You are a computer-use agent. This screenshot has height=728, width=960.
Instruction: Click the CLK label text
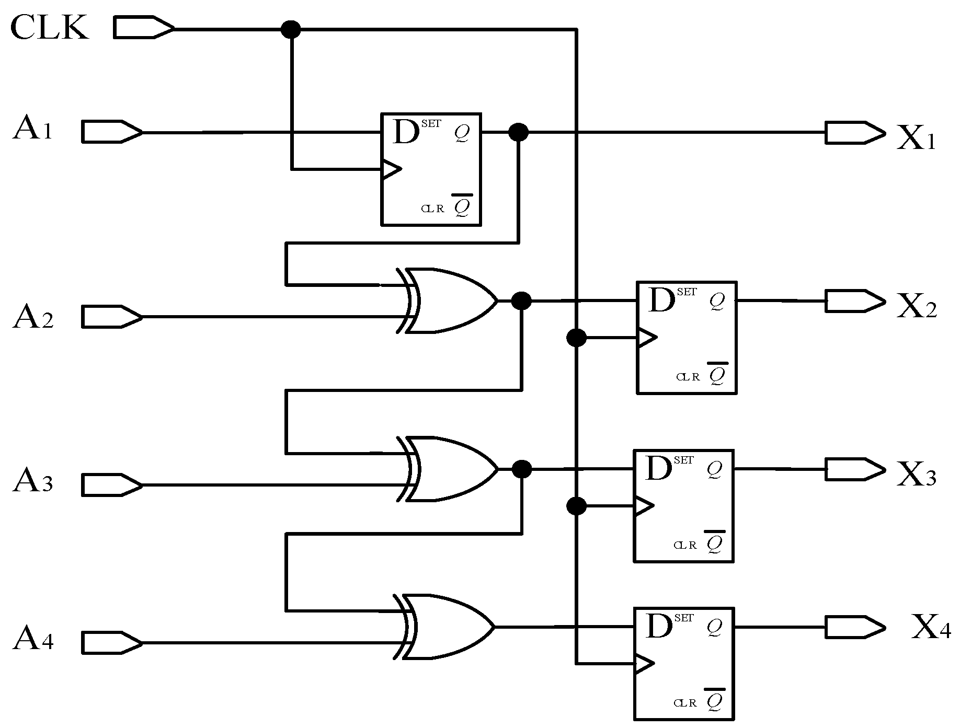point(50,27)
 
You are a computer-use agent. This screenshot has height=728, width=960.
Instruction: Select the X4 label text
point(931,628)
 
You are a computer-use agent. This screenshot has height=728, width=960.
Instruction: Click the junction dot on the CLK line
point(291,29)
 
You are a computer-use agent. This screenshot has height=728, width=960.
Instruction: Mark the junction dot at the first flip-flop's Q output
point(518,132)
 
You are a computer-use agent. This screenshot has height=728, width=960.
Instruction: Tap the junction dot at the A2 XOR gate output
point(521,301)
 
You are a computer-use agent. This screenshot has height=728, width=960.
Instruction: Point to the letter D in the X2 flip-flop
point(661,300)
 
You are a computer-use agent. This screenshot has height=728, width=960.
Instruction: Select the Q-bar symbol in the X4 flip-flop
point(714,700)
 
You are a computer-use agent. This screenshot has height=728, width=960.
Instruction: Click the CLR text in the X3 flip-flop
point(685,545)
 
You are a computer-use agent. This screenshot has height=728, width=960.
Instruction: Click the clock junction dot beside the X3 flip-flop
point(576,506)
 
